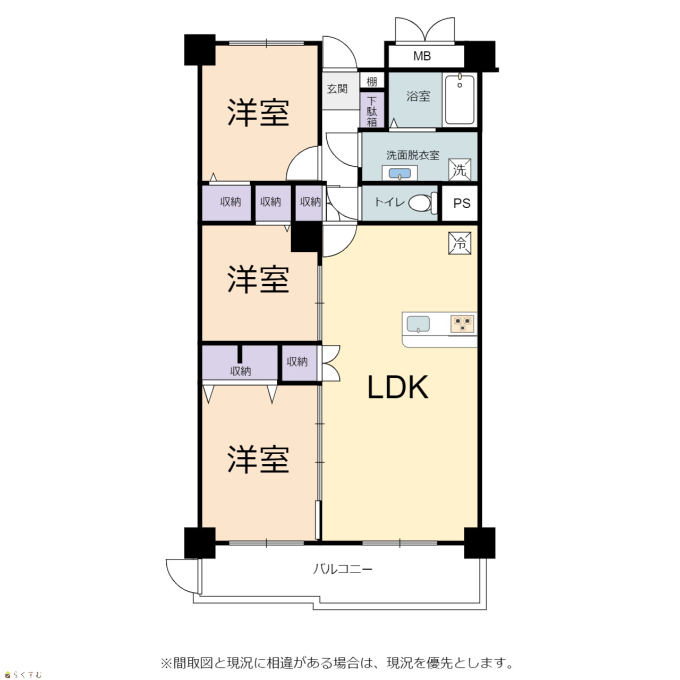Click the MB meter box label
[x=422, y=56]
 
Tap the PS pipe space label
[x=462, y=203]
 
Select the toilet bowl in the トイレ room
[x=423, y=203]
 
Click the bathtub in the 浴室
[x=460, y=99]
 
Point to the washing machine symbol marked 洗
[x=460, y=170]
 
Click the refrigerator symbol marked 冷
[x=460, y=243]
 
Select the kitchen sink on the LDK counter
[x=418, y=324]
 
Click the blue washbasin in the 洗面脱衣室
[x=399, y=173]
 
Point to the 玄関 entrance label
[x=337, y=89]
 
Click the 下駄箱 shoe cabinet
[x=371, y=110]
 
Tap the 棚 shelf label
[x=371, y=81]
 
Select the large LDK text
[x=398, y=387]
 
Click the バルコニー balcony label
[x=343, y=569]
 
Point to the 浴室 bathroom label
[x=418, y=96]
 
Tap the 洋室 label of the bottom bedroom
[x=258, y=459]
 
